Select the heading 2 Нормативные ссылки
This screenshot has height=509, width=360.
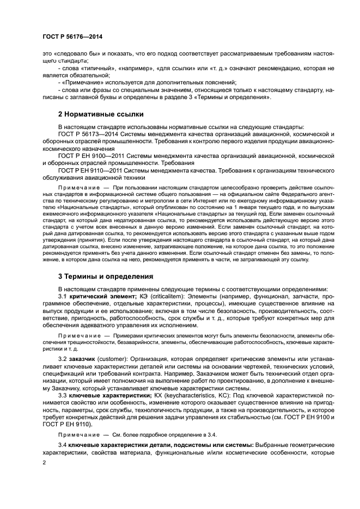(101, 114)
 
